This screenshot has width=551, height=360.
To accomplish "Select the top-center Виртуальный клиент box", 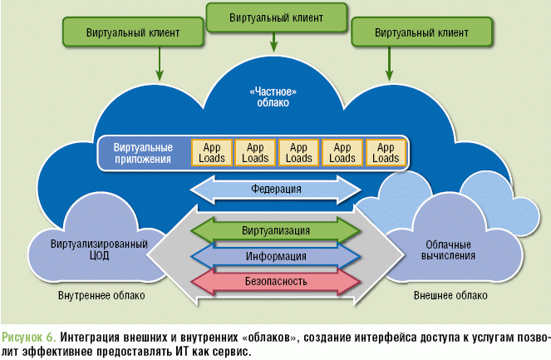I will pyautogui.click(x=276, y=17).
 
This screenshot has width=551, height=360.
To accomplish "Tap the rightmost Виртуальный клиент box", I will pyautogui.click(x=421, y=32).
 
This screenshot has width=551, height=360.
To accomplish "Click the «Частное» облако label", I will pyautogui.click(x=275, y=96).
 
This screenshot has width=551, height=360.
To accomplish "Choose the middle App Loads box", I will pyautogui.click(x=299, y=152).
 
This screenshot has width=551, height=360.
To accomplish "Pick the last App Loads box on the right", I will pyautogui.click(x=386, y=152).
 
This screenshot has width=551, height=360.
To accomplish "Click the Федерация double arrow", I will pyautogui.click(x=276, y=190).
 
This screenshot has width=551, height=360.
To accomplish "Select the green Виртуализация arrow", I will pyautogui.click(x=276, y=229).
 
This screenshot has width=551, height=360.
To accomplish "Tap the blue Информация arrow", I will pyautogui.click(x=276, y=256).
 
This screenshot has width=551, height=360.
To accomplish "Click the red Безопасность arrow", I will pyautogui.click(x=276, y=282).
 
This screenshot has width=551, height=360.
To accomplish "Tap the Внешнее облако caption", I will pyautogui.click(x=450, y=295).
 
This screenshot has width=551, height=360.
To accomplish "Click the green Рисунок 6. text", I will pyautogui.click(x=29, y=337).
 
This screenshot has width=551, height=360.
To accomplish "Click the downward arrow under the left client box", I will pyautogui.click(x=160, y=60).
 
